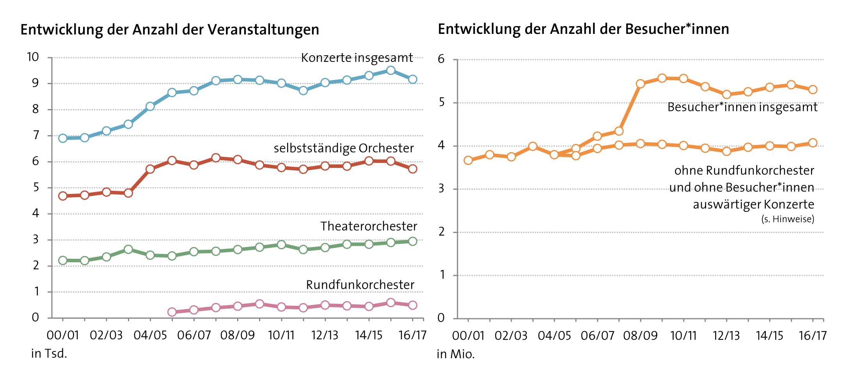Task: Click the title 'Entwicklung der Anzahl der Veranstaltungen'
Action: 170,30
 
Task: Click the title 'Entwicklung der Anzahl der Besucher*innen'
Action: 583,29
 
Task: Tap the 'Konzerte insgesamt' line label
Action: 357,58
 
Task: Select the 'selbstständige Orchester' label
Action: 343,148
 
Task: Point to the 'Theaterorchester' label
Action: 369,226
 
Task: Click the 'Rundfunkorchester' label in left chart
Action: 360,285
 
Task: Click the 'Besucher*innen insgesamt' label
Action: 742,107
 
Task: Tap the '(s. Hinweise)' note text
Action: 788,219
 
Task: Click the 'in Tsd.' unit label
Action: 49,354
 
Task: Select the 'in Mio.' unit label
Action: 456,355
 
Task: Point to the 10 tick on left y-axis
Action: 33,57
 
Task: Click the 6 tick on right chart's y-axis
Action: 441,59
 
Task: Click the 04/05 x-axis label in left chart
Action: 150,335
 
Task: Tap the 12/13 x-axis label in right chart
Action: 726,336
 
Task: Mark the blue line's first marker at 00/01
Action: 63,138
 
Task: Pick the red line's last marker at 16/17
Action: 412,169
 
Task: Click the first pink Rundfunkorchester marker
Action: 172,312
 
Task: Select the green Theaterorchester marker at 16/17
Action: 412,242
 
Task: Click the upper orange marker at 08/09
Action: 640,84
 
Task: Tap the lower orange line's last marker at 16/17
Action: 813,143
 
